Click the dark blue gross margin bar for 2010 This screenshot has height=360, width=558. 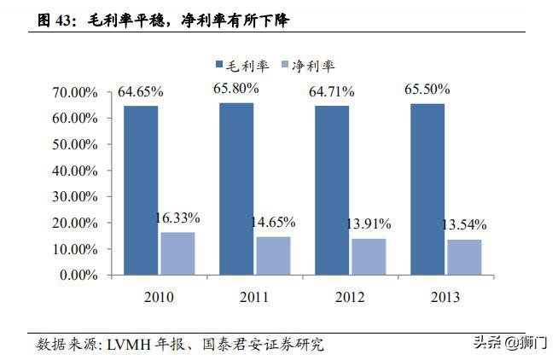click(141, 190)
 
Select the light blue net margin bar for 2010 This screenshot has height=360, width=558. click(177, 253)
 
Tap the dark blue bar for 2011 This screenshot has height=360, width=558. click(236, 189)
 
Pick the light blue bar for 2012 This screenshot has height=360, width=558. click(369, 257)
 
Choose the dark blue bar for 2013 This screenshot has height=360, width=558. click(427, 189)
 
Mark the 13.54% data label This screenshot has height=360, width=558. click(464, 225)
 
